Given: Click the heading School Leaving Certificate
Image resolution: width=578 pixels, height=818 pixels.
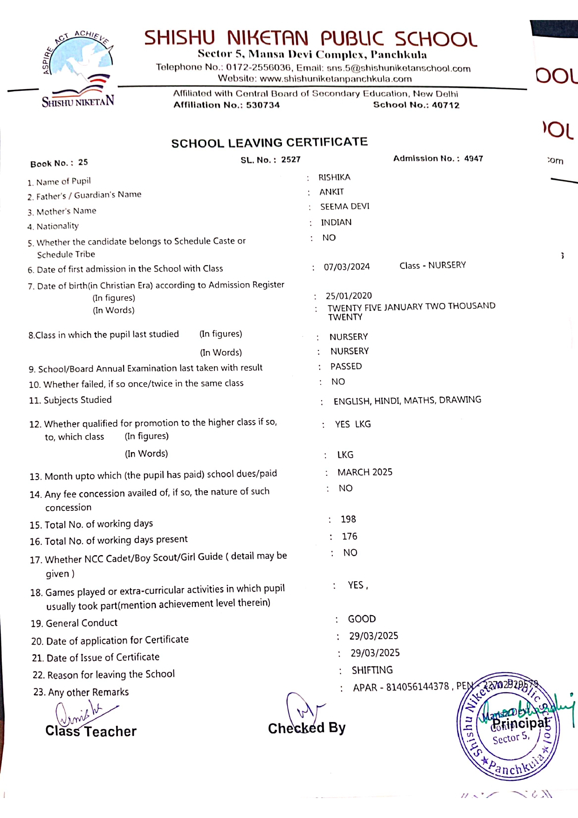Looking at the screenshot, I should pyautogui.click(x=269, y=143).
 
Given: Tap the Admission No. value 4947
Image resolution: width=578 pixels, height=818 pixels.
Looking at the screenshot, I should pyautogui.click(x=474, y=158).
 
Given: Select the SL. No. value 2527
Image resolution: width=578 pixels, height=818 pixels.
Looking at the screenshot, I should pyautogui.click(x=291, y=159).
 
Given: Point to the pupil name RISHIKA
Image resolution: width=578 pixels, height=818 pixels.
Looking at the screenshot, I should pyautogui.click(x=334, y=177).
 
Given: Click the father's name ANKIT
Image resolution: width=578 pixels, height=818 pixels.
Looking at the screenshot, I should pyautogui.click(x=331, y=192).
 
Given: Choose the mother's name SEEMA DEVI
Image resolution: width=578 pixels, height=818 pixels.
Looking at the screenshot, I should pyautogui.click(x=344, y=206).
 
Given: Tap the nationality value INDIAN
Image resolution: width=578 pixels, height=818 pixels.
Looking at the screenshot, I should pyautogui.click(x=336, y=222).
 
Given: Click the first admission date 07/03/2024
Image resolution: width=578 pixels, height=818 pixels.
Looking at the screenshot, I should pyautogui.click(x=347, y=267).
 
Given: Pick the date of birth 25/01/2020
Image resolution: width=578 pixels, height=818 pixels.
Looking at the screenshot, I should pyautogui.click(x=349, y=296).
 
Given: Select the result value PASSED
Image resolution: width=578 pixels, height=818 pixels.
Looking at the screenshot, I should pyautogui.click(x=346, y=366).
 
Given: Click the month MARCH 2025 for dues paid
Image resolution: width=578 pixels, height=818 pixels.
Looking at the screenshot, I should pyautogui.click(x=365, y=472).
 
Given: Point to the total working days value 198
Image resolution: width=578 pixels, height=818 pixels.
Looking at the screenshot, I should pyautogui.click(x=348, y=519).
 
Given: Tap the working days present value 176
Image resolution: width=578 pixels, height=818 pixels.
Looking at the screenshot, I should pyautogui.click(x=350, y=536).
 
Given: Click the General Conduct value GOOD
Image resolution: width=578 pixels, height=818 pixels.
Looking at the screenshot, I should pyautogui.click(x=362, y=619).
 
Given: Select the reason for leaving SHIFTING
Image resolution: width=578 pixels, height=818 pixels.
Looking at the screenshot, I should pyautogui.click(x=372, y=670).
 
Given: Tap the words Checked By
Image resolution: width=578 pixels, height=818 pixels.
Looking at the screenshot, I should pyautogui.click(x=307, y=728).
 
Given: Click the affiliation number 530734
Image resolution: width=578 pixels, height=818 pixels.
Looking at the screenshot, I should pyautogui.click(x=263, y=105).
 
